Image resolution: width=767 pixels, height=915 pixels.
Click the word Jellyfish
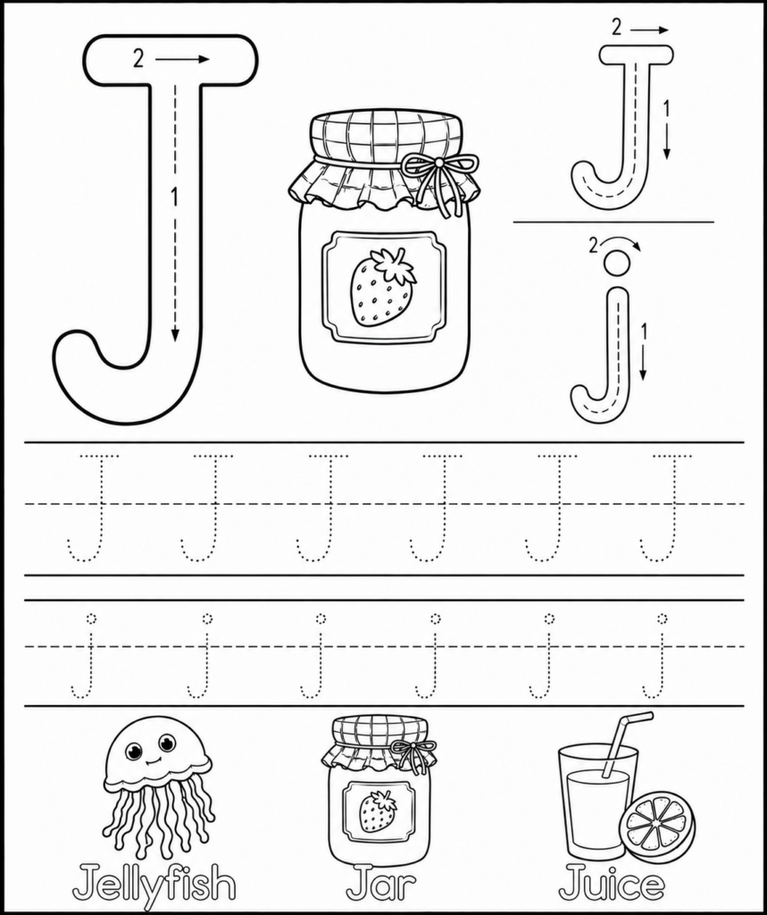(x=154, y=883)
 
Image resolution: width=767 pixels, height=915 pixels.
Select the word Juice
(x=612, y=883)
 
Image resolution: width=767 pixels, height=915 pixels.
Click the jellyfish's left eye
(x=134, y=751)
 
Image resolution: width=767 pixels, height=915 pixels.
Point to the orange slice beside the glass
(x=660, y=820)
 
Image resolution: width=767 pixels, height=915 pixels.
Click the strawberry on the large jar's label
(x=383, y=287)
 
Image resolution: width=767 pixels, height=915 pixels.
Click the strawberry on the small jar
(x=378, y=811)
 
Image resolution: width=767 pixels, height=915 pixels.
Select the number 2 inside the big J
(x=138, y=59)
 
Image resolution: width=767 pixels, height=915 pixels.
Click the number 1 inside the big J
(x=173, y=197)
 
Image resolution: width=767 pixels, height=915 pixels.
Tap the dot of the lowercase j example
(x=617, y=262)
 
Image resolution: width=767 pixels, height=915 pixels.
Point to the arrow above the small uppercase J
(x=648, y=29)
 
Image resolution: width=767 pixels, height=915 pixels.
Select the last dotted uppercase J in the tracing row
(x=665, y=508)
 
